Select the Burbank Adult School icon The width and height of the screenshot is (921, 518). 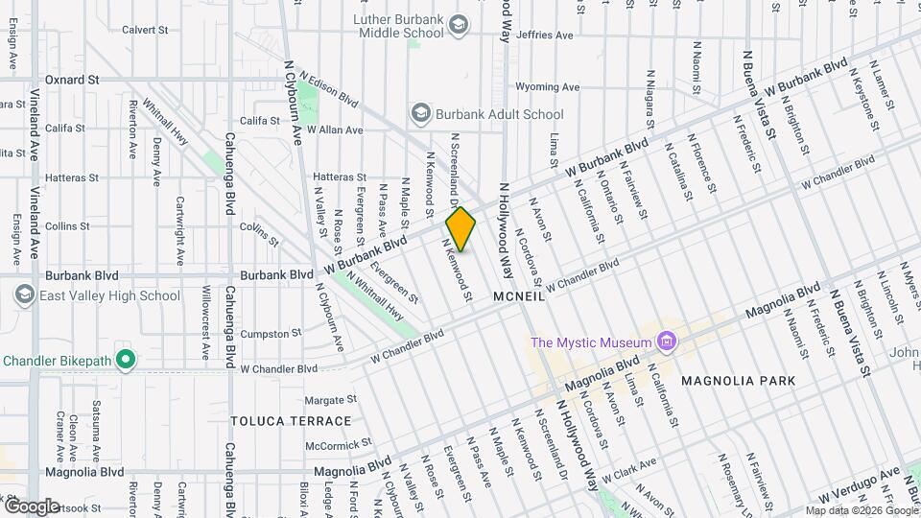[x=420, y=114]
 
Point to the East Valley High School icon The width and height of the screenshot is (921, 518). [x=25, y=295]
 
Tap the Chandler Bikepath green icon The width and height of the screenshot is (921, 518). [x=125, y=361]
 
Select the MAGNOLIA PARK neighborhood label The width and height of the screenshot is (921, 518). [x=738, y=381]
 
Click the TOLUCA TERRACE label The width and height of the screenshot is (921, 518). [x=291, y=421]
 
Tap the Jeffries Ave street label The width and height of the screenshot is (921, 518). [x=543, y=35]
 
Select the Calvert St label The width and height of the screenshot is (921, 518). [x=145, y=30]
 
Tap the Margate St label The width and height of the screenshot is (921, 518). [x=330, y=399]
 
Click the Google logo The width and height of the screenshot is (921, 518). [x=32, y=506]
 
